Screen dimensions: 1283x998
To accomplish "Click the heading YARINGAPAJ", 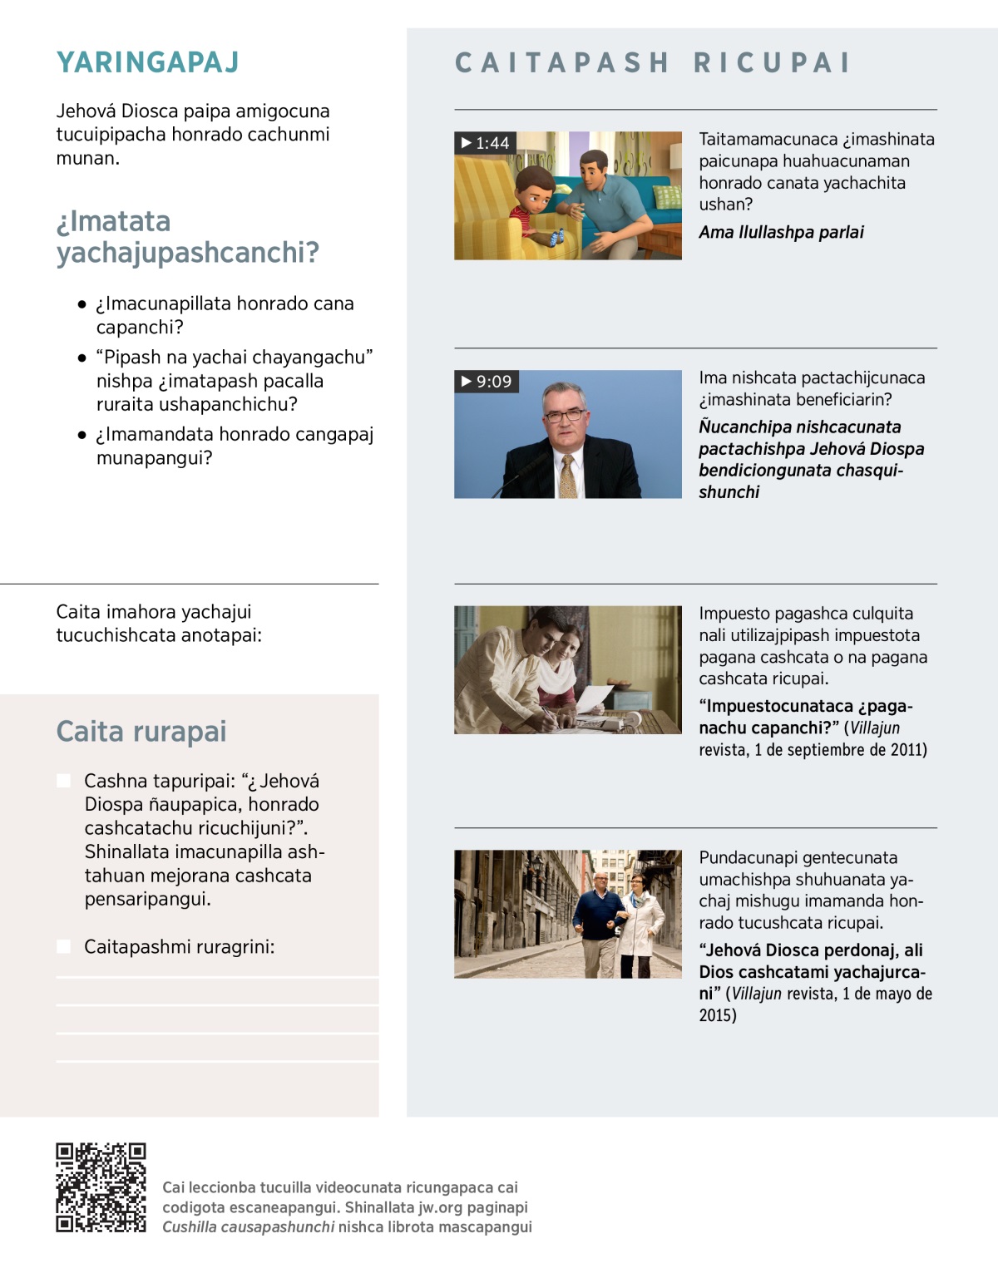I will [x=148, y=62].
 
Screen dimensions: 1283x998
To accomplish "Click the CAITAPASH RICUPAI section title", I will [x=654, y=63].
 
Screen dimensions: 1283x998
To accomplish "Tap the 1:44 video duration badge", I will [x=486, y=143].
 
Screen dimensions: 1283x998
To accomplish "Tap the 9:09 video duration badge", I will [x=487, y=382].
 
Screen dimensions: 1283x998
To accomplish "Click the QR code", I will [x=101, y=1187].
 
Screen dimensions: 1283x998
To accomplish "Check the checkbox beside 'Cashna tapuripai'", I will [x=64, y=781].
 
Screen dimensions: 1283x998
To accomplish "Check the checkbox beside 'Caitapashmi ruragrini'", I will [x=64, y=946].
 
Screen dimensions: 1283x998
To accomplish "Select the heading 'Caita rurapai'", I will [x=141, y=731].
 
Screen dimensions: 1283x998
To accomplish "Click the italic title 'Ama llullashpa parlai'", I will [x=781, y=232].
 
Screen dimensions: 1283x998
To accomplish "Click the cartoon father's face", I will [x=595, y=172].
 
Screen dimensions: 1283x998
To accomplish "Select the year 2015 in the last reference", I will [x=717, y=1015].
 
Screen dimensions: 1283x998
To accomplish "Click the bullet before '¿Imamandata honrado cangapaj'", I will [x=82, y=435].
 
